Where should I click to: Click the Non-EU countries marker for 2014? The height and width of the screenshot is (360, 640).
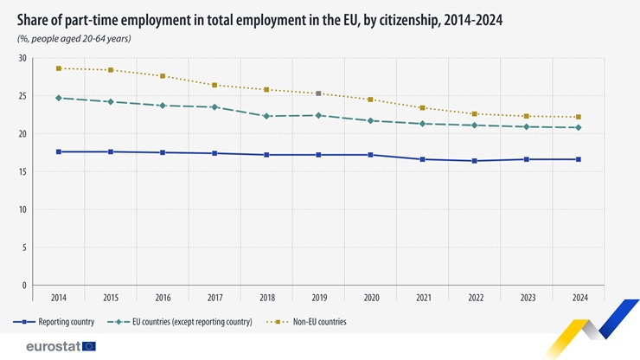59,68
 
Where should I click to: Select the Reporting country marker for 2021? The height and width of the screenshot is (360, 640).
423,159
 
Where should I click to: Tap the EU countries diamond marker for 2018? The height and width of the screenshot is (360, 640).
266,116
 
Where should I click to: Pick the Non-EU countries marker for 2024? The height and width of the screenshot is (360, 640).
579,117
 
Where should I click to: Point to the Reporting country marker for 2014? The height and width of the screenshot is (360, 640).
59,152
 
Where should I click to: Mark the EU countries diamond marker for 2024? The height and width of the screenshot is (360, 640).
579,127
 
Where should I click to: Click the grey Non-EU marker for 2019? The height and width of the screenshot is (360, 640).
318,93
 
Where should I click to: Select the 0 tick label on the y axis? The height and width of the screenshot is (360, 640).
24,286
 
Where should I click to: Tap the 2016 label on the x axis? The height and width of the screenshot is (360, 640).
163,298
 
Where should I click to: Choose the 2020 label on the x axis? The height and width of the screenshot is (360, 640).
371,298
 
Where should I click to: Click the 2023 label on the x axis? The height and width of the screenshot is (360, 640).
527,298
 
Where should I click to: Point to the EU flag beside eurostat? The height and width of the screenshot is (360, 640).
88,346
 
